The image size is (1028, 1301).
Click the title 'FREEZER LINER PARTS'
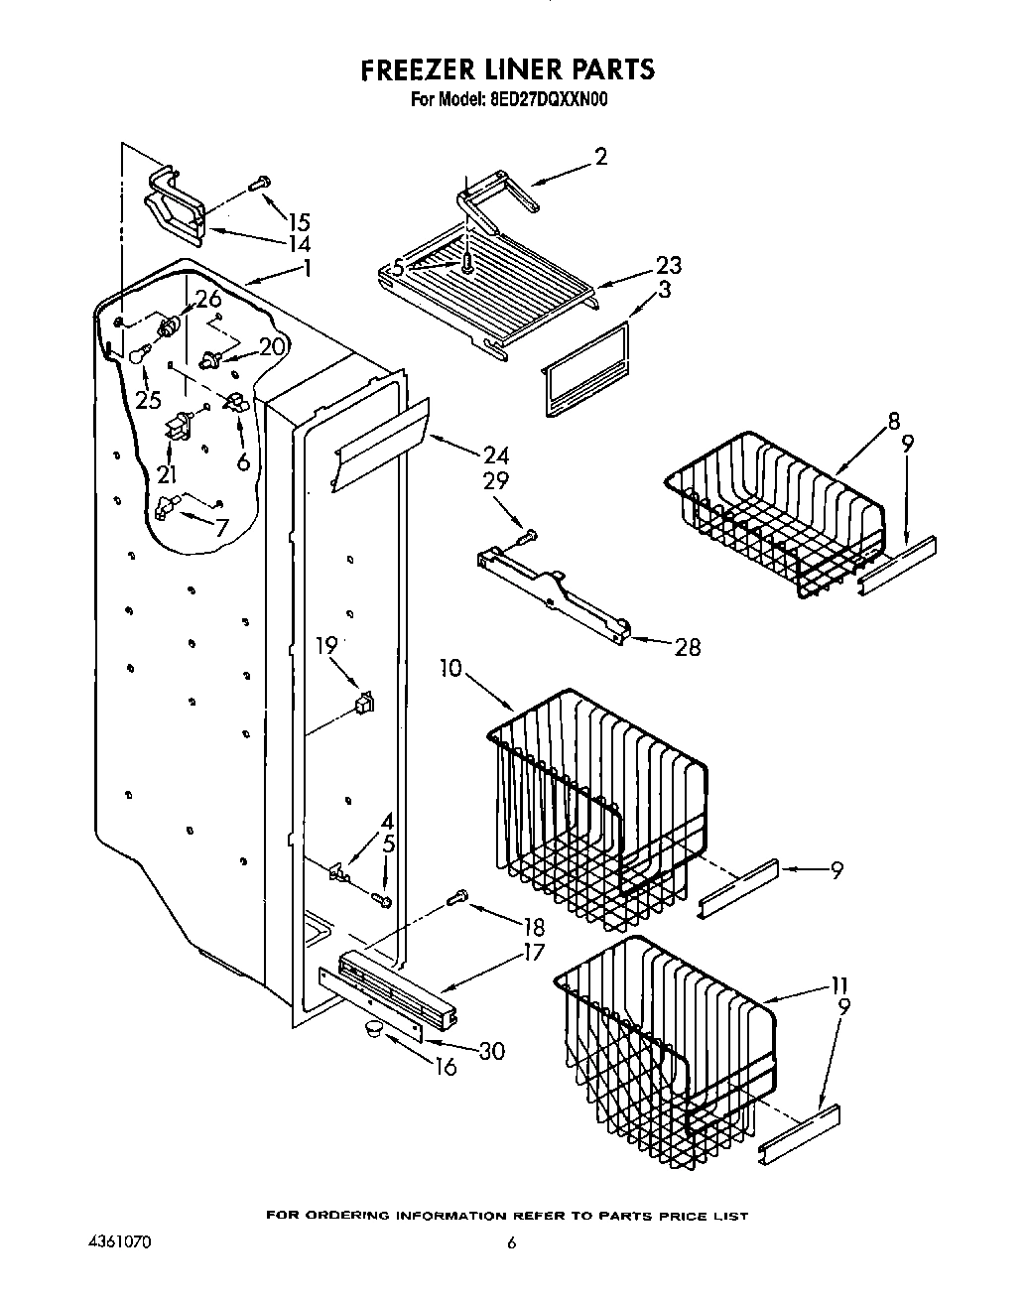coord(507,68)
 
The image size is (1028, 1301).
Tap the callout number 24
coord(495,455)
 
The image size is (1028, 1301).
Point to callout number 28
coord(687,647)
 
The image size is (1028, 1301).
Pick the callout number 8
coord(894,420)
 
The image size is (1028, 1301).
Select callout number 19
coord(326,645)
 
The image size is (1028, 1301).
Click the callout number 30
coord(491,1050)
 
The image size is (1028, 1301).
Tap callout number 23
coord(668,266)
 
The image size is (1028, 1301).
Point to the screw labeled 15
coord(260,183)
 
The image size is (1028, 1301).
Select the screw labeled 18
coord(457,899)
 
